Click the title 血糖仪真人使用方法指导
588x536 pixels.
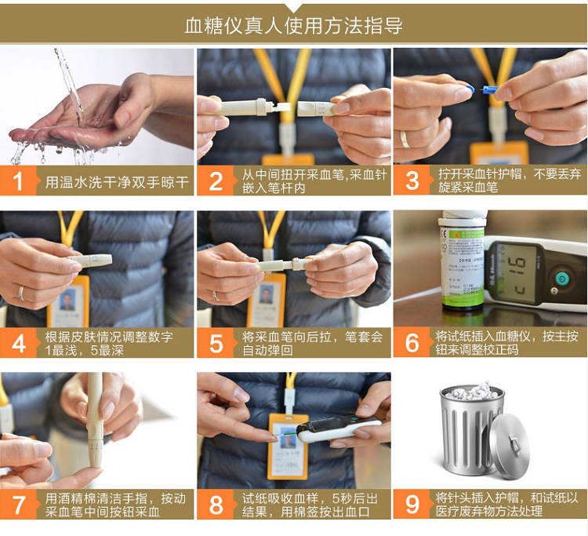(294, 26)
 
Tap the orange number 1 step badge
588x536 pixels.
(19, 181)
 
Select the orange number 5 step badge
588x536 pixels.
(216, 343)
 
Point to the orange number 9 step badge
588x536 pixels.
(412, 504)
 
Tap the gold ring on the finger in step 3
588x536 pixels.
(405, 140)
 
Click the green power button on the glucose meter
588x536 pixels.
(561, 279)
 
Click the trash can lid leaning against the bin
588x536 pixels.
(510, 447)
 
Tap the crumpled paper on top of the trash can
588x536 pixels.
(473, 391)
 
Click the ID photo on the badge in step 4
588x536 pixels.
(67, 300)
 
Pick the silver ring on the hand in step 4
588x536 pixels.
(21, 294)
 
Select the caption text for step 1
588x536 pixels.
(117, 182)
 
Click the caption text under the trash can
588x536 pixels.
(506, 505)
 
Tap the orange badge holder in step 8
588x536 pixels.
(288, 447)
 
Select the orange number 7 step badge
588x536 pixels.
(19, 504)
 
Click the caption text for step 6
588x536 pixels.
(506, 343)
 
